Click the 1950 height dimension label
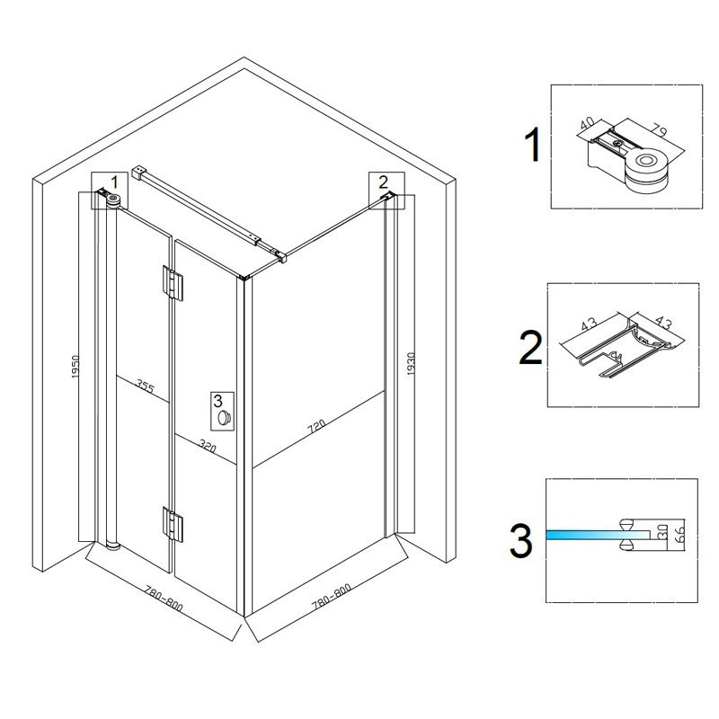click(75, 367)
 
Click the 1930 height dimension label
click(411, 364)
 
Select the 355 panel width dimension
click(146, 387)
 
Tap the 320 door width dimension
click(208, 446)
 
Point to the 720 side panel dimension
click(317, 426)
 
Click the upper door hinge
click(173, 282)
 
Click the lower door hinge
click(173, 524)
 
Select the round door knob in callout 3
click(224, 418)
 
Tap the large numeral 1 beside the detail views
click(533, 145)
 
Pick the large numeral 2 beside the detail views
click(530, 348)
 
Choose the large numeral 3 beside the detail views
click(521, 541)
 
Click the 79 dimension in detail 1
click(659, 129)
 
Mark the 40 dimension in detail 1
click(588, 122)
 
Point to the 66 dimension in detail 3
click(680, 534)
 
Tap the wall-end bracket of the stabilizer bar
click(138, 173)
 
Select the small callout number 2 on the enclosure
click(384, 182)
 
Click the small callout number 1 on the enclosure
click(115, 182)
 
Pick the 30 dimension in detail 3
click(661, 534)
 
